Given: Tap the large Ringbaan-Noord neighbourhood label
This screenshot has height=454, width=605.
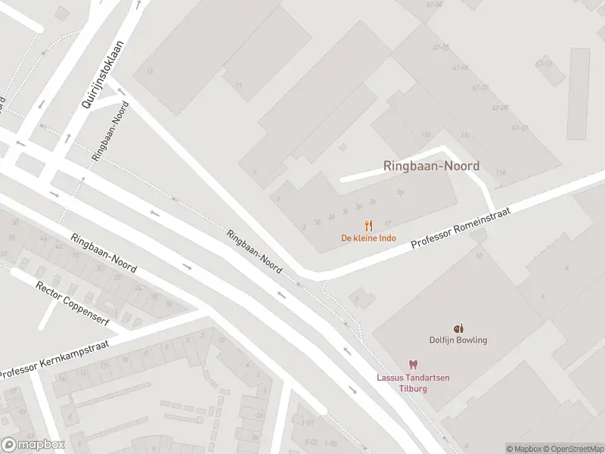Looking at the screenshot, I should (x=431, y=166).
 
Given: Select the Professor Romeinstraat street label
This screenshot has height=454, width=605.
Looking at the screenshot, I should (x=461, y=229).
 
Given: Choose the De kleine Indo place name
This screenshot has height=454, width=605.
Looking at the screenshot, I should (x=368, y=238).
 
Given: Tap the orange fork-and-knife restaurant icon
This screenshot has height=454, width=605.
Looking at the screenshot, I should (x=368, y=225).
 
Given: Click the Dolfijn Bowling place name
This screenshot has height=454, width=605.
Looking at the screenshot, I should (x=458, y=340).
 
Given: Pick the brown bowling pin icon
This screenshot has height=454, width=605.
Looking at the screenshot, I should (x=458, y=328).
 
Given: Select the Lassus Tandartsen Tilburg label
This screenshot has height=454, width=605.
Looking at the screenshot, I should (x=413, y=383).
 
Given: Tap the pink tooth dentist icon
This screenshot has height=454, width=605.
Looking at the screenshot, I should (x=413, y=365).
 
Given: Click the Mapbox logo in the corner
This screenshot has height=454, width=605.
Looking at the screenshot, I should (x=33, y=445).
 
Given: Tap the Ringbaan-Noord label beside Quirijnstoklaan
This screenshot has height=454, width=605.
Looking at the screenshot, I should (x=110, y=129).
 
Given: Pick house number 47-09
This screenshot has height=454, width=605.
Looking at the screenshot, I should (x=519, y=128).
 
